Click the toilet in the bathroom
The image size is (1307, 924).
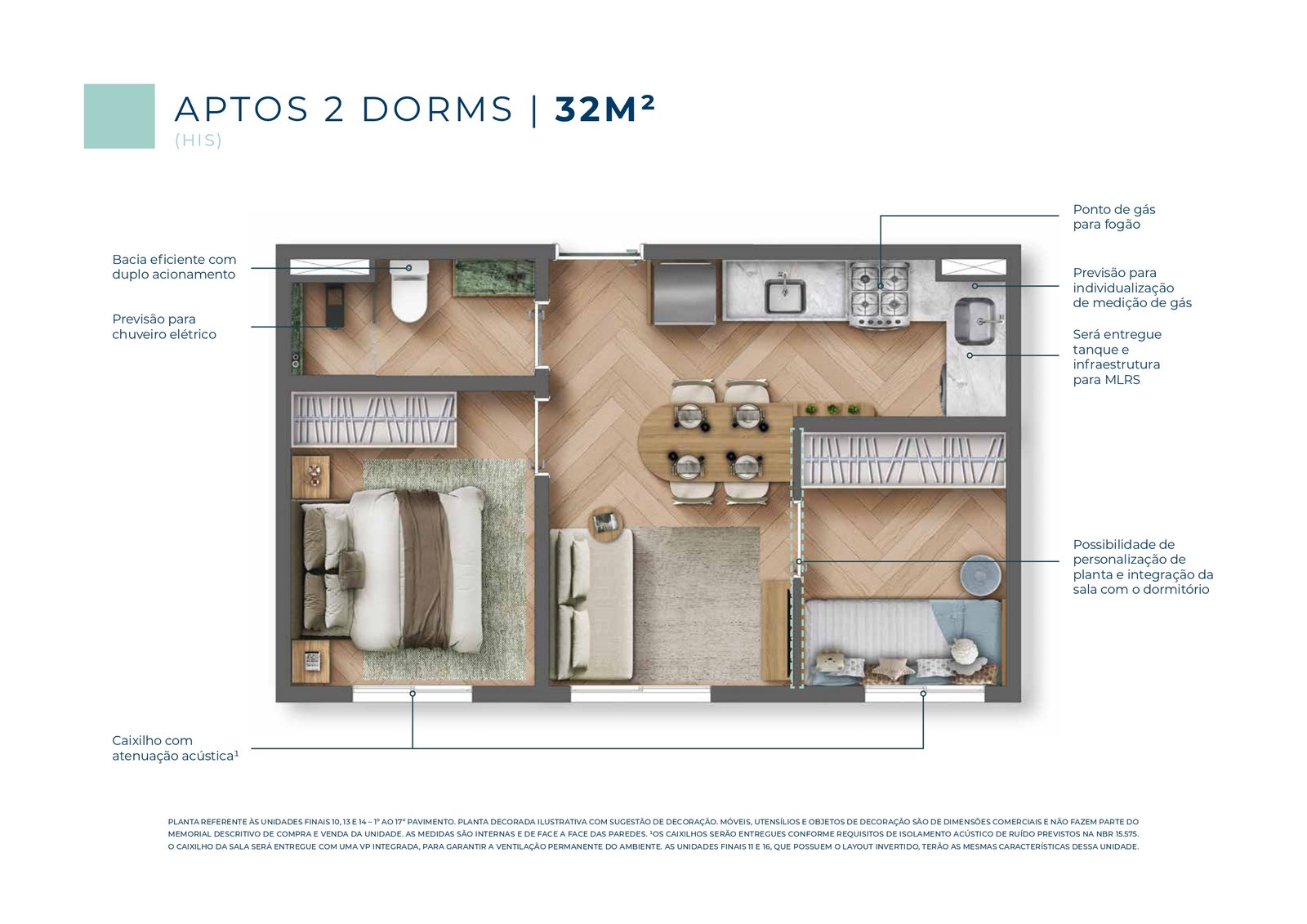click(409, 290)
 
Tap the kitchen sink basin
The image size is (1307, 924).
click(785, 296)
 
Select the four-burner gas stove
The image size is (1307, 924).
click(880, 295)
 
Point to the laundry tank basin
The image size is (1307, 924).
click(975, 321)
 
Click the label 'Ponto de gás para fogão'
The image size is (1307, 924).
click(1114, 216)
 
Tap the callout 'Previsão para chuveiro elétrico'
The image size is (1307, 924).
click(164, 326)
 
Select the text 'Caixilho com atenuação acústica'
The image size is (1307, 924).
click(175, 748)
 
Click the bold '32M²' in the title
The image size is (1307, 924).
click(605, 109)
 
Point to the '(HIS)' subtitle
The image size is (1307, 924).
click(199, 141)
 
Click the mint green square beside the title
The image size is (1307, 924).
click(119, 116)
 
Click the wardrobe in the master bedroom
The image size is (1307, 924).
click(373, 419)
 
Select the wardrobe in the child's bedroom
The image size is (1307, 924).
click(903, 460)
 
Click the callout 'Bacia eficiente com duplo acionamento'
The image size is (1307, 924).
click(174, 267)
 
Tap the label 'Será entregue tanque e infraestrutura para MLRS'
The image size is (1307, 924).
click(1117, 357)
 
